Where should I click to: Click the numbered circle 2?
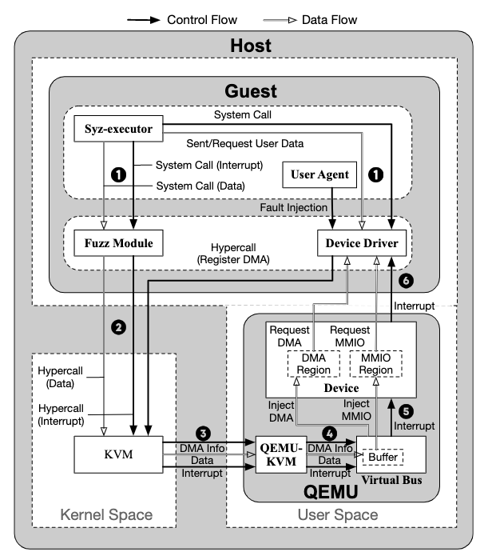118,326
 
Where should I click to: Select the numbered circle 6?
408,281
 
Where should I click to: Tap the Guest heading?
251,91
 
